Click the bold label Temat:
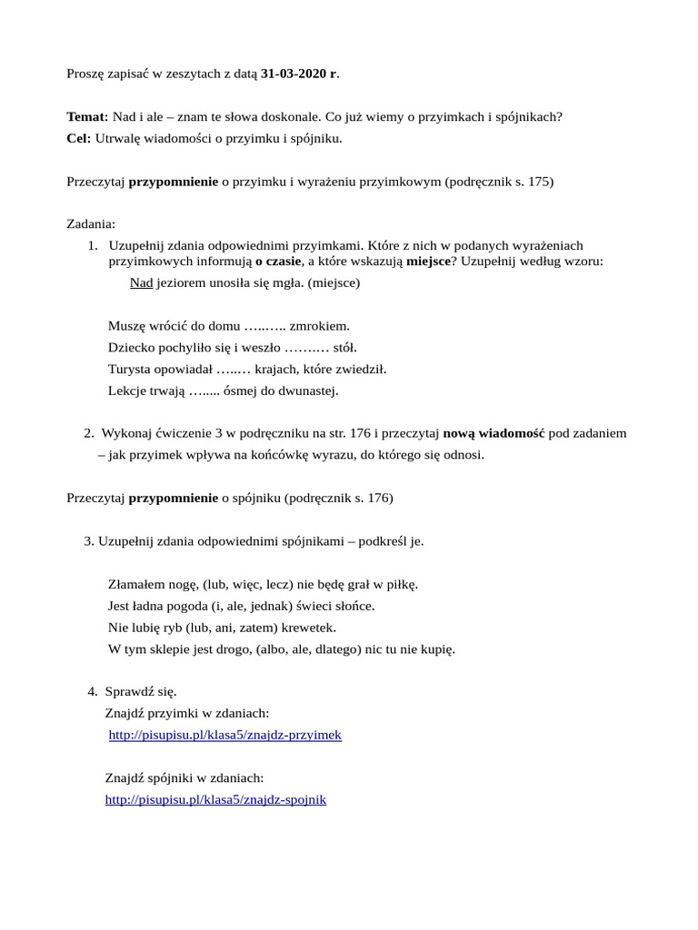pyautogui.click(x=87, y=117)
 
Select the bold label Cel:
pyautogui.click(x=79, y=139)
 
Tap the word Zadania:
pyautogui.click(x=91, y=223)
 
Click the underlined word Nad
pyautogui.click(x=141, y=282)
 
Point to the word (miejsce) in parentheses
pyautogui.click(x=334, y=282)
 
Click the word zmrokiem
pyautogui.click(x=319, y=325)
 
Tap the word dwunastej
pyautogui.click(x=308, y=391)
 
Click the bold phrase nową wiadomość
pyautogui.click(x=494, y=433)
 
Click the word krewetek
pyautogui.click(x=307, y=628)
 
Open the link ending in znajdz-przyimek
pyautogui.click(x=224, y=735)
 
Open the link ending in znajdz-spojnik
pyautogui.click(x=215, y=800)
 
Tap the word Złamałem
pyautogui.click(x=135, y=584)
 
